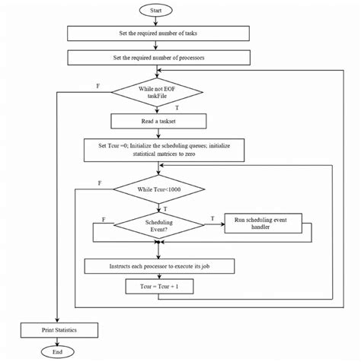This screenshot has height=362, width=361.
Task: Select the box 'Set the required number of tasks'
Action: pyautogui.click(x=158, y=33)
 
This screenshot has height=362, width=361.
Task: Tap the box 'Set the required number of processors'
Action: pyautogui.click(x=158, y=57)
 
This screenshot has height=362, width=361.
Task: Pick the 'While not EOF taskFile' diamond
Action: pyautogui.click(x=158, y=92)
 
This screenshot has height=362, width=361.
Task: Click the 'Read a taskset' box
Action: pyautogui.click(x=158, y=120)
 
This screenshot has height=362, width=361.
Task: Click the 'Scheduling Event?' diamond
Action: pyautogui.click(x=158, y=225)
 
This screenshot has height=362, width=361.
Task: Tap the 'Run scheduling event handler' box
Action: pyautogui.click(x=264, y=222)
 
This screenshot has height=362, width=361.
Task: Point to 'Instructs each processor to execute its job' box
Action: pyautogui.click(x=158, y=266)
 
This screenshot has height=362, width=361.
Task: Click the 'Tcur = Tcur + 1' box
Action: pyautogui.click(x=158, y=287)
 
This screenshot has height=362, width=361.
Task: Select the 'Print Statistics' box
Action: pyautogui.click(x=59, y=330)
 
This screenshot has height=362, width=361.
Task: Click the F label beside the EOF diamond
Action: pyautogui.click(x=97, y=86)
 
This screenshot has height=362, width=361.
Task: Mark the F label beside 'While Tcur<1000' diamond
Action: pyautogui.click(x=101, y=183)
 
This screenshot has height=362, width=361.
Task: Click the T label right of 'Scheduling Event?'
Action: pyautogui.click(x=211, y=218)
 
